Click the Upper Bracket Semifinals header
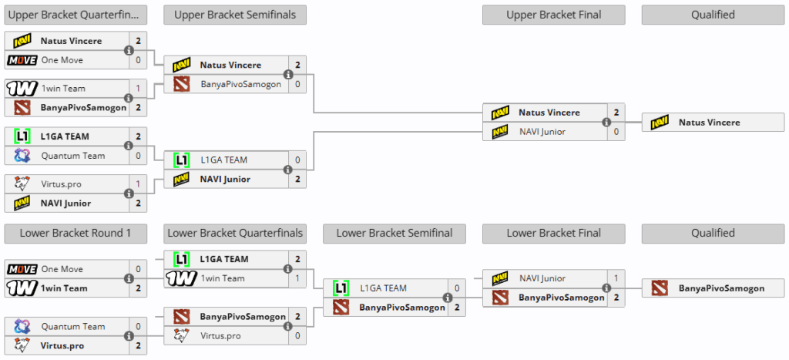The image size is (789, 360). (235, 15)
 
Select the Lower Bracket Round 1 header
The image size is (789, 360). (76, 233)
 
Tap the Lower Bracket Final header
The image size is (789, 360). (553, 233)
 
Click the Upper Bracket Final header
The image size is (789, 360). (553, 15)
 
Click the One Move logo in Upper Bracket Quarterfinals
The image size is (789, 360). (22, 60)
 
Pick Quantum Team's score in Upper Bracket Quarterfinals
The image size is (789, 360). (138, 156)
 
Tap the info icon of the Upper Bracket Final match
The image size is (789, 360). (607, 123)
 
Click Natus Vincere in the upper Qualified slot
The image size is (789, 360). (709, 123)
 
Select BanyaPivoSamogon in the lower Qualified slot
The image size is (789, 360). (721, 288)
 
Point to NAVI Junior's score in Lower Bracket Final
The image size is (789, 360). (616, 278)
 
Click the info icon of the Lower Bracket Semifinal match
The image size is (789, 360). (448, 298)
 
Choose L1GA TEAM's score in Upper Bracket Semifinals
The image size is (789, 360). (297, 160)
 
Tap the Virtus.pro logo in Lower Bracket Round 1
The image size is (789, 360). (22, 346)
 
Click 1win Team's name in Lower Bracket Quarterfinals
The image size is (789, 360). (223, 278)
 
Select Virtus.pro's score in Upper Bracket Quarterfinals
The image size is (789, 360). (138, 184)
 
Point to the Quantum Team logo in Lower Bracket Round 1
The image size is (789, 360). (22, 326)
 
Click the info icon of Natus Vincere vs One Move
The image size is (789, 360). (129, 50)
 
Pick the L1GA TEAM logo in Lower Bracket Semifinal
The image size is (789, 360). (341, 288)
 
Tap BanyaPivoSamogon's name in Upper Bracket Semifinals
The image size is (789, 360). (241, 84)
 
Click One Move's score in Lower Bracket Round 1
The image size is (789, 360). (138, 269)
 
